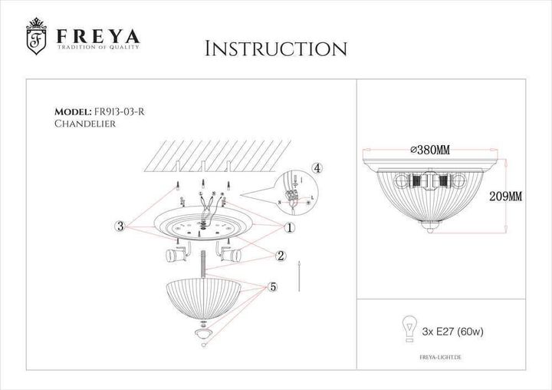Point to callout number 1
point(290,227)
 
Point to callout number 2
point(281,256)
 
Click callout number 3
point(120,226)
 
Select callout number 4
point(317,168)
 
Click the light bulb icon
point(408,327)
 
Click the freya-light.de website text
point(447,358)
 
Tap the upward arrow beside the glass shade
point(298,275)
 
